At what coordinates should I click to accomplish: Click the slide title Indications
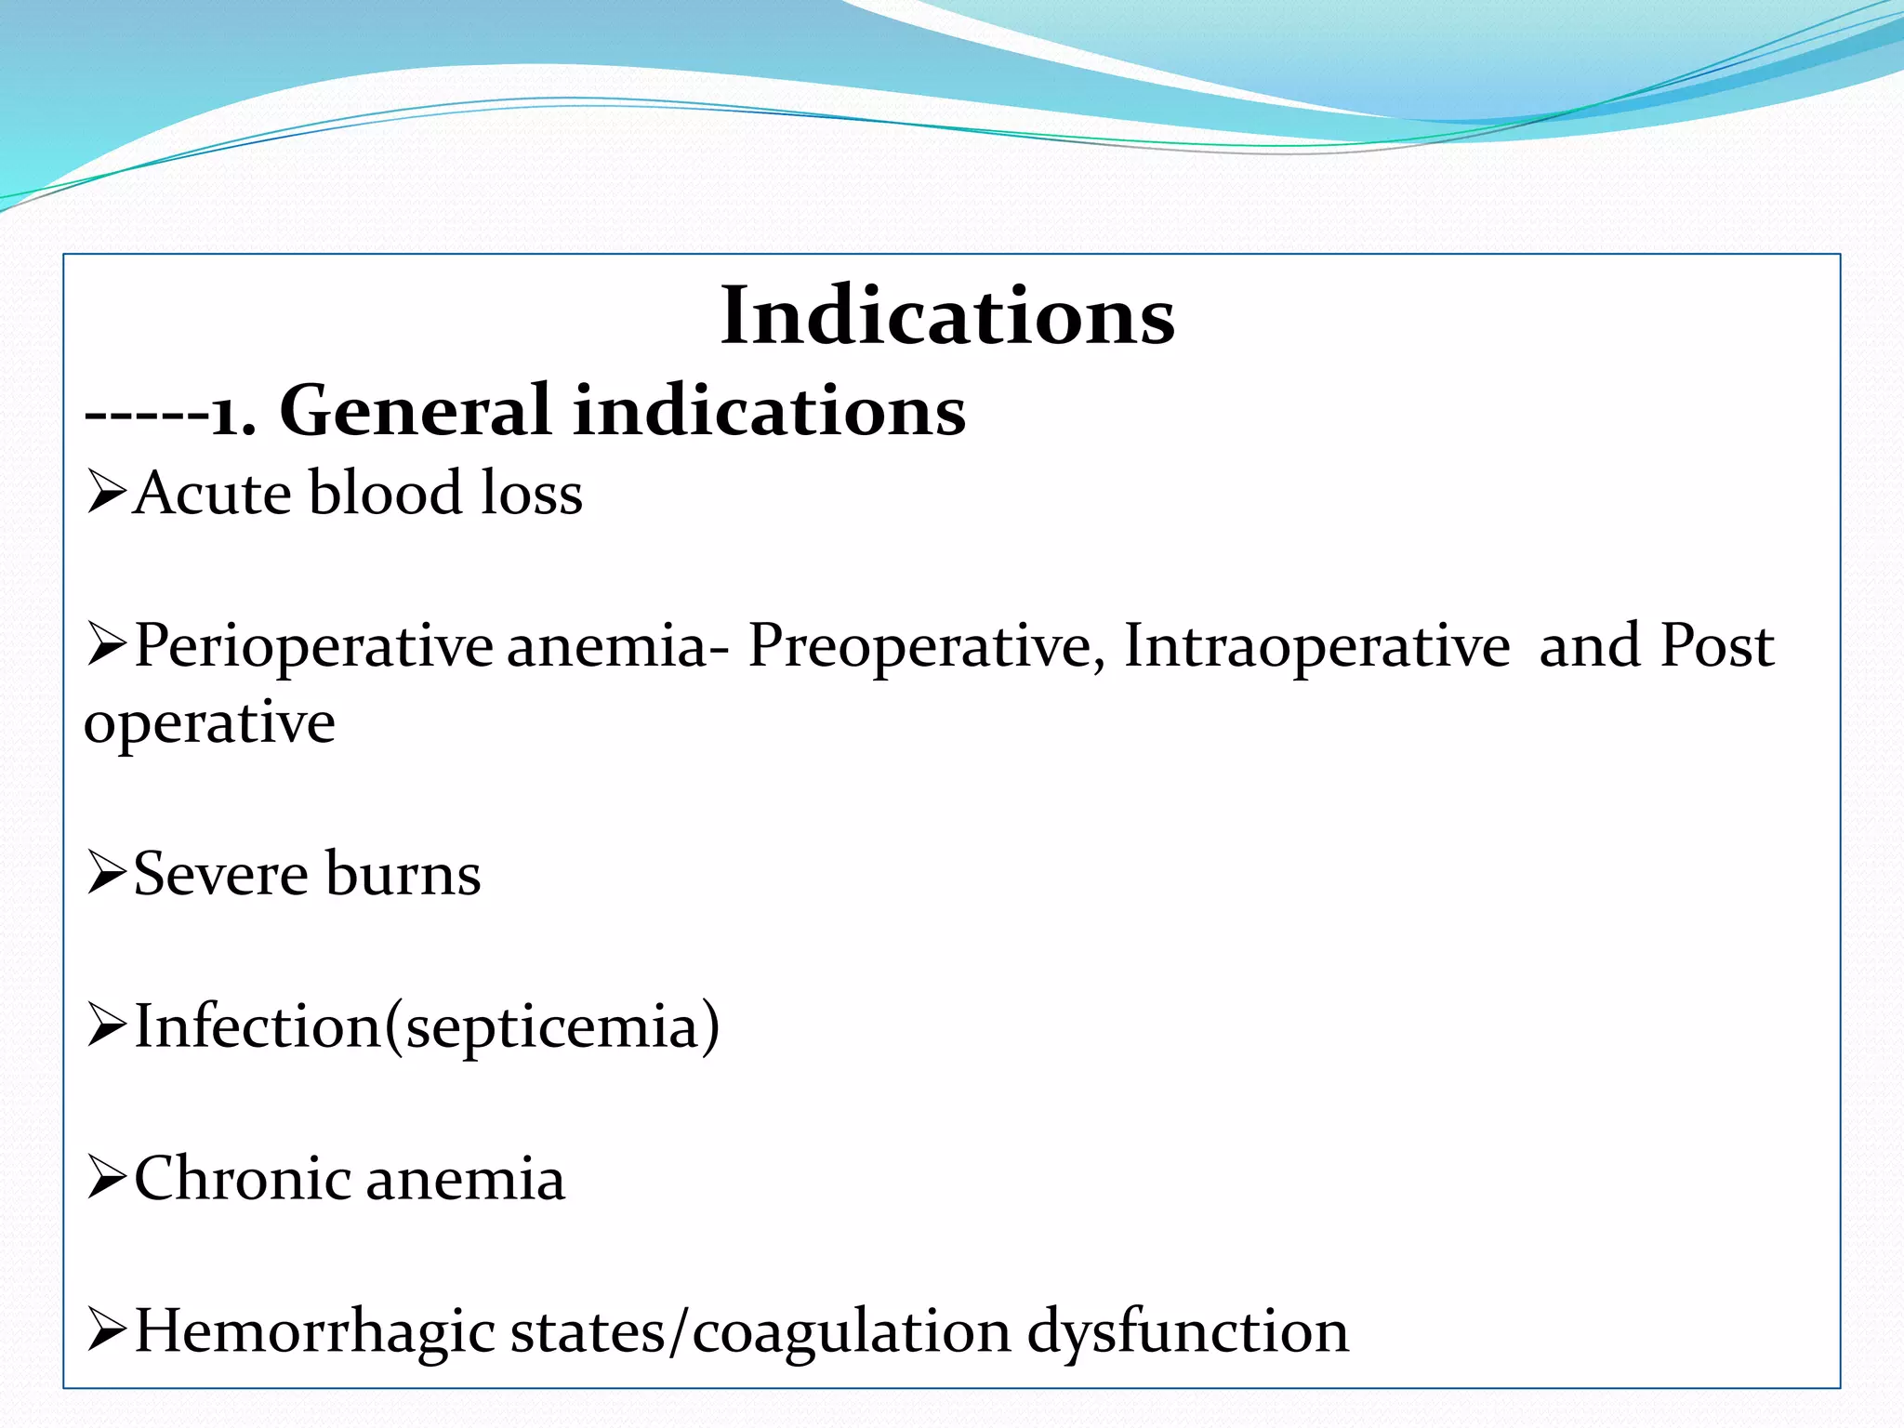[x=947, y=316]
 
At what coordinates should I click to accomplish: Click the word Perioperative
[x=314, y=647]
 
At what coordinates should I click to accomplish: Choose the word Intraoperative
[x=1317, y=645]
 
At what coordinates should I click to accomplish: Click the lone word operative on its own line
[x=209, y=724]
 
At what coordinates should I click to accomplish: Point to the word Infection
[x=258, y=1026]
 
